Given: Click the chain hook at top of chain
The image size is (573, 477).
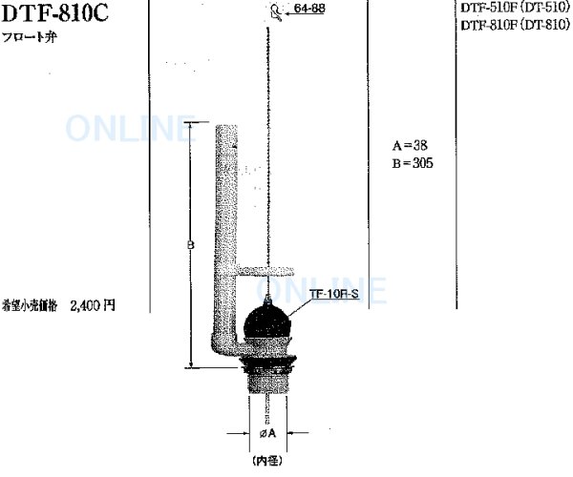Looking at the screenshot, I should pos(276,12).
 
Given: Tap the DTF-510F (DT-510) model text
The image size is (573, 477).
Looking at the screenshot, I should pos(515,6).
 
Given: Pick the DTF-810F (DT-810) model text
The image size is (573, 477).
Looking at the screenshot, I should pos(515,26).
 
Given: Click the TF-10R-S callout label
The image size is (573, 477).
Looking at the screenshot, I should pos(333,295).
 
